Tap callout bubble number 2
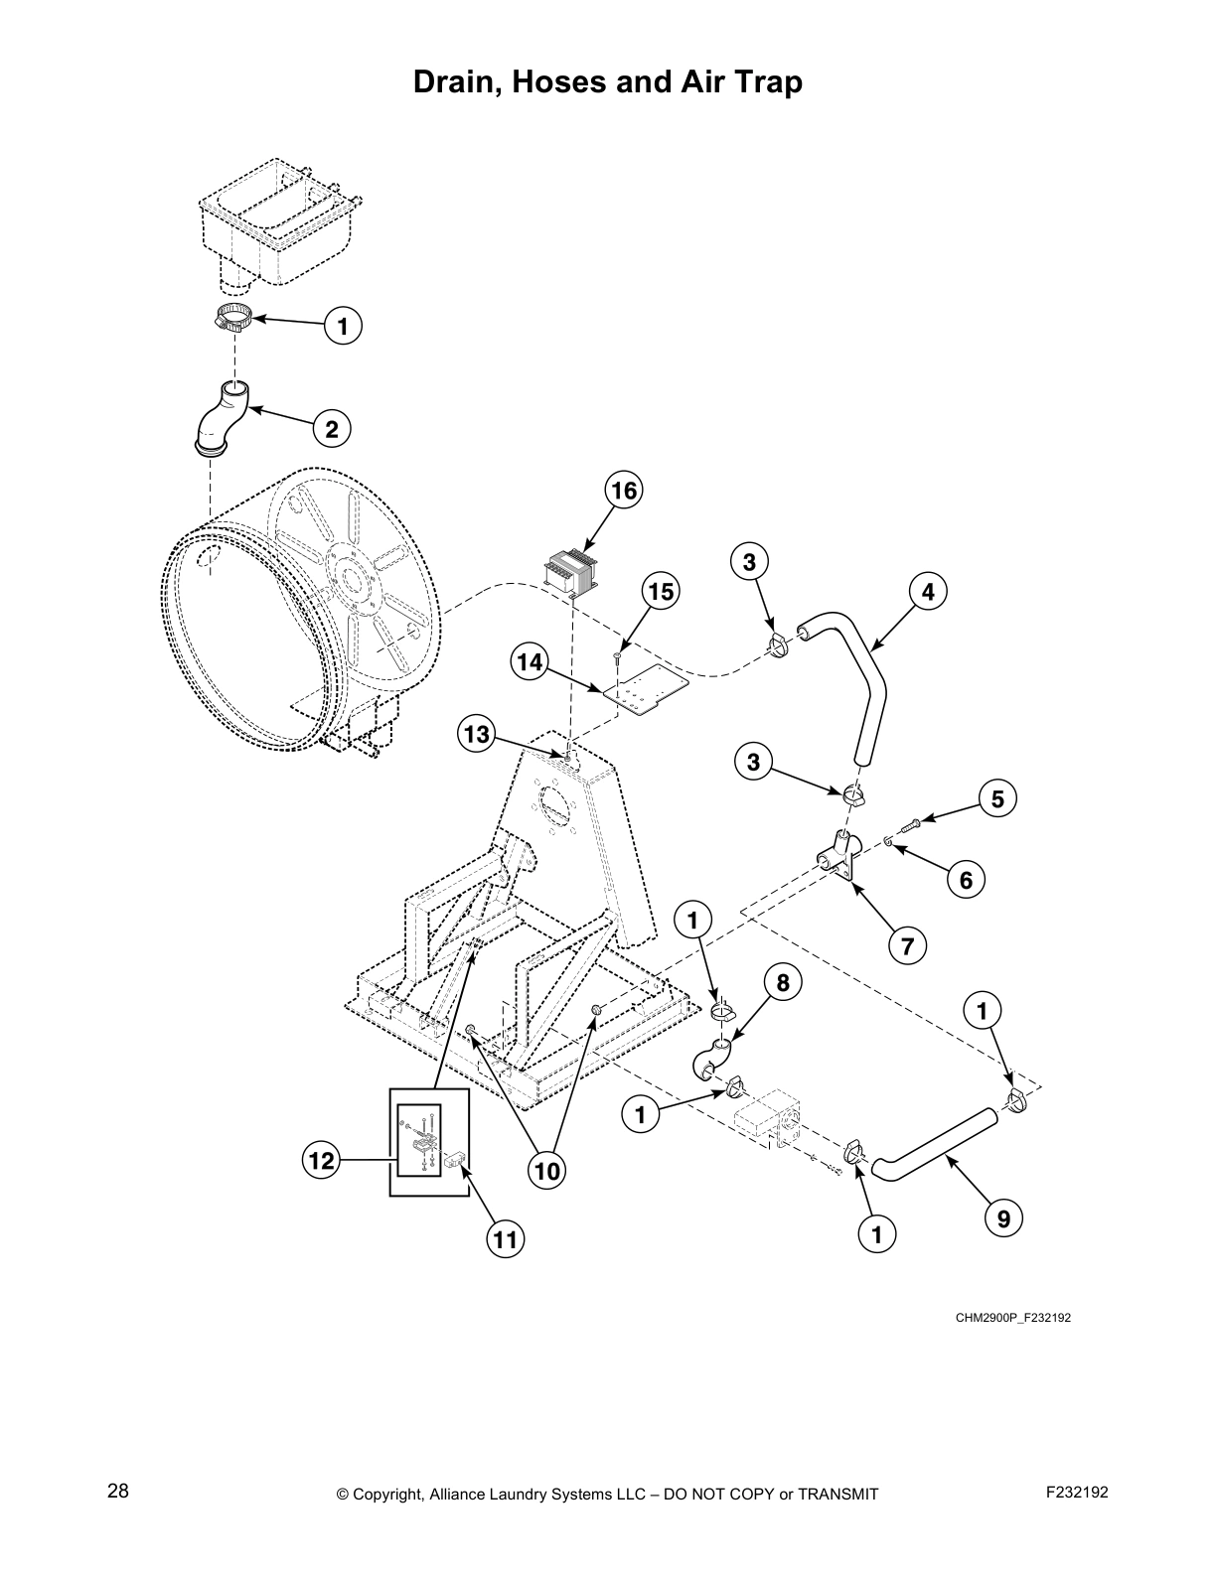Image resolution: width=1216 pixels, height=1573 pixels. click(x=332, y=429)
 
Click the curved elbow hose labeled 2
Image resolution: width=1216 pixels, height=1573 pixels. click(x=223, y=421)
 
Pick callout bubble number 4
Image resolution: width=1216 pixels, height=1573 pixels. click(x=927, y=592)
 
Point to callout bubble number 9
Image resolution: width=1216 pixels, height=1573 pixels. click(x=1003, y=1218)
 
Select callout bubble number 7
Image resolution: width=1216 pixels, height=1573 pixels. click(x=907, y=945)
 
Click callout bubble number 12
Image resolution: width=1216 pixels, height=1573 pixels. click(x=323, y=1160)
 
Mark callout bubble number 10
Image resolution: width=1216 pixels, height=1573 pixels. click(x=546, y=1171)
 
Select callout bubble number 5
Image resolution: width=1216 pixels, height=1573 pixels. click(x=997, y=798)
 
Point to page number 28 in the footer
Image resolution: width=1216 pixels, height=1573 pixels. click(x=118, y=1491)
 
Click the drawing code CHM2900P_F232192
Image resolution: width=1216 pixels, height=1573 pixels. click(x=1013, y=1318)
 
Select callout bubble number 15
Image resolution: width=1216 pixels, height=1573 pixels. click(x=660, y=592)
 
